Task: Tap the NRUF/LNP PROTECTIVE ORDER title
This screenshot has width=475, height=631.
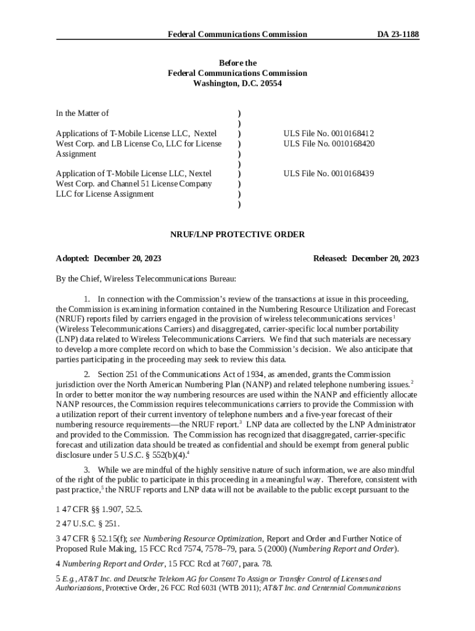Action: (238, 235)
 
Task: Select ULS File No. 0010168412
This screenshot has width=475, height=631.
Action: (329, 133)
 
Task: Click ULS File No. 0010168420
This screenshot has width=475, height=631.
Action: (329, 144)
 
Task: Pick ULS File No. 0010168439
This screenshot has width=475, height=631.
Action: (329, 174)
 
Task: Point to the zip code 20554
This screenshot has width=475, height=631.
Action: (268, 84)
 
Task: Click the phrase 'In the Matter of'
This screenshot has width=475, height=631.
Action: (82, 113)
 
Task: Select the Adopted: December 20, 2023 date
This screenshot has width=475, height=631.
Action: (104, 258)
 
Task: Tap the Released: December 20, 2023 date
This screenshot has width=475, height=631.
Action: (366, 258)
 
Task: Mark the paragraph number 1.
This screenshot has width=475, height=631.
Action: (87, 299)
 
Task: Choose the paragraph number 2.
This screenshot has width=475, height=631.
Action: (87, 374)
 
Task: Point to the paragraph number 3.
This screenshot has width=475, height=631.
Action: (87, 470)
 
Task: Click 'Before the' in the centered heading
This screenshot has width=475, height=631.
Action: (238, 63)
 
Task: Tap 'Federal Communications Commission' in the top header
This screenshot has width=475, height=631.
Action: (238, 35)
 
